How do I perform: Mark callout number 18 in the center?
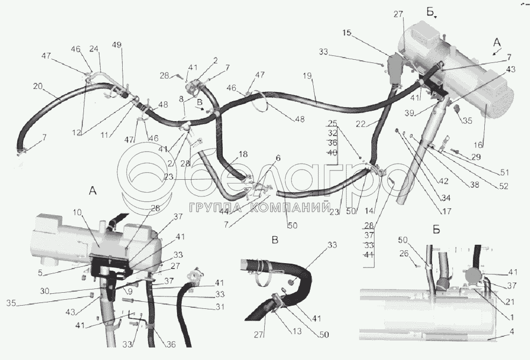[x=243, y=154]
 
